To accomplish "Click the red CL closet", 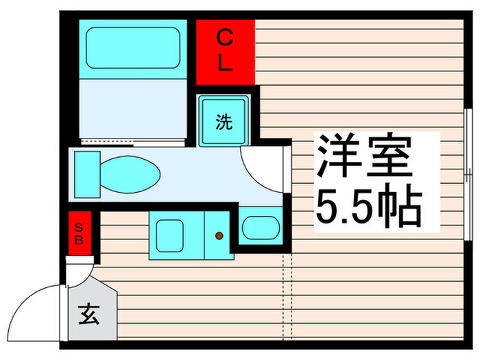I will (226, 51).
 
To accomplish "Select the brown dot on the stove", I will (219, 236).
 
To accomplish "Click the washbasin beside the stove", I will (261, 227).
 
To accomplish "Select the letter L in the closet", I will (226, 64).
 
